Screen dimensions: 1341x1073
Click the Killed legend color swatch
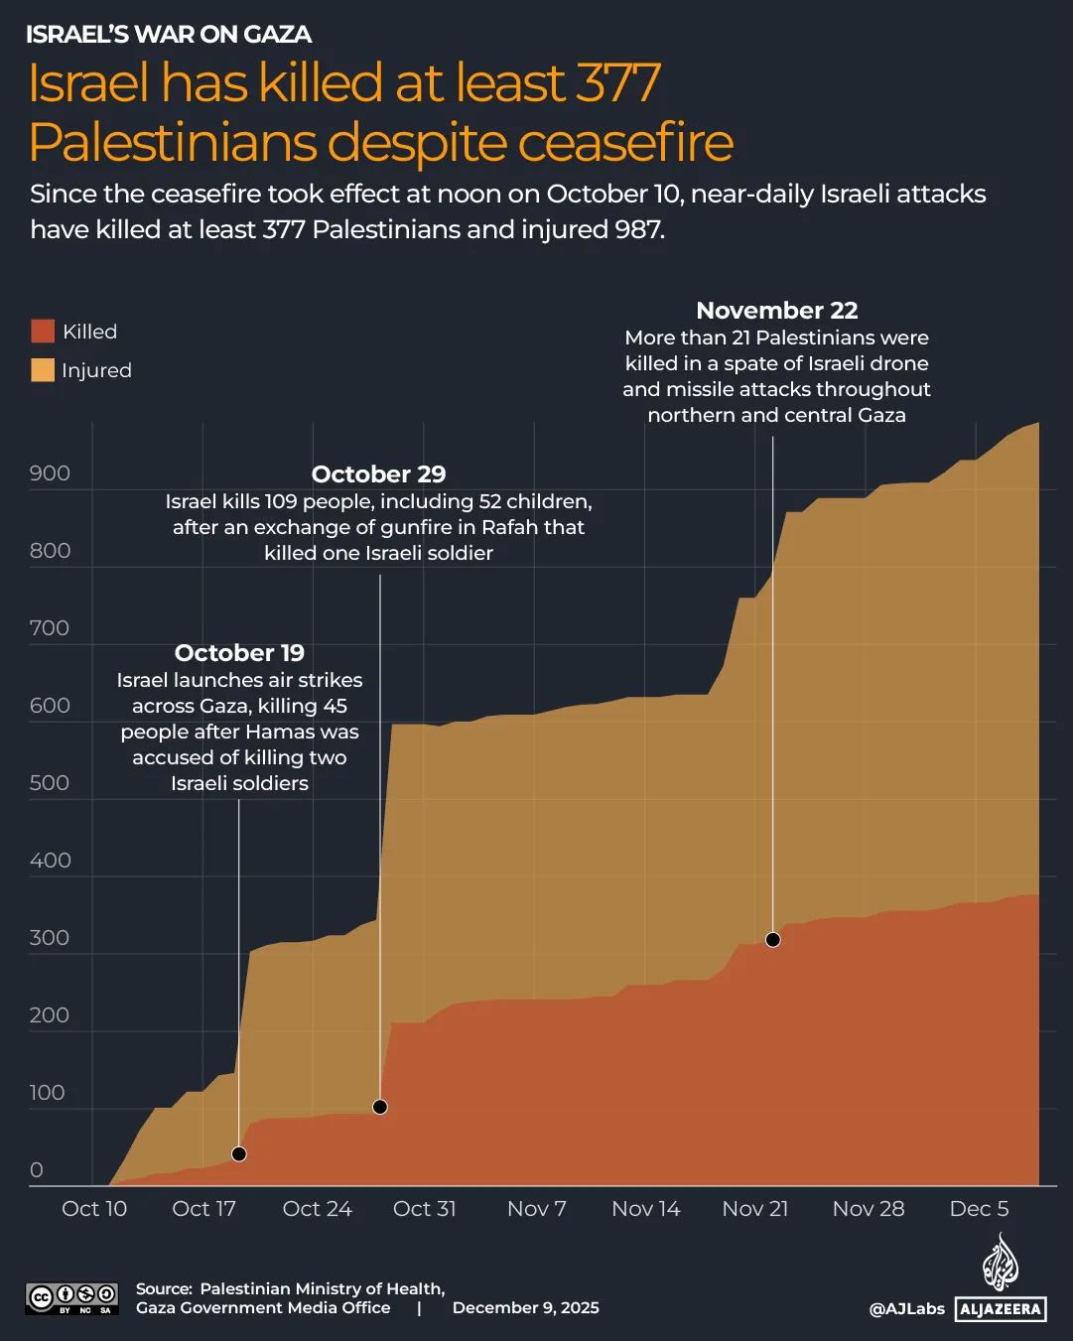[43, 332]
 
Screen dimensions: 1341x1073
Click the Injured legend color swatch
[43, 370]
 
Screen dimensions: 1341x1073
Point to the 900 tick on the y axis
[50, 473]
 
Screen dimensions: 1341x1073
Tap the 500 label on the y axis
[50, 783]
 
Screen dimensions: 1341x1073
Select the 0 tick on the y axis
[37, 1170]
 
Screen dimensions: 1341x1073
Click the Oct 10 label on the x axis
[94, 1209]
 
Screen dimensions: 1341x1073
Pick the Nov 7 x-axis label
[536, 1209]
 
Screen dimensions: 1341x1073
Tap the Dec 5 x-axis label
[979, 1209]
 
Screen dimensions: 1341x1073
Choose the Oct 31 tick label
[425, 1209]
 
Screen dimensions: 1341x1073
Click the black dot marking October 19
[238, 1153]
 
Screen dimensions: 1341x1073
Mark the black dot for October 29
[379, 1107]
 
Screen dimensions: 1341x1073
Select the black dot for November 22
[773, 939]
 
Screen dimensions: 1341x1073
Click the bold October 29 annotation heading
[378, 474]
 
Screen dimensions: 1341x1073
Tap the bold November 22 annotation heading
[776, 311]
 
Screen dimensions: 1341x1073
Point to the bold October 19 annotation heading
[239, 653]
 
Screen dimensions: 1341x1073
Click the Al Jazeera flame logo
[1001, 1263]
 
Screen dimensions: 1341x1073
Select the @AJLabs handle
[906, 1309]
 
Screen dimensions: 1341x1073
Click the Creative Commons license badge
[71, 1297]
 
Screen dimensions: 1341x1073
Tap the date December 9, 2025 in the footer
[525, 1308]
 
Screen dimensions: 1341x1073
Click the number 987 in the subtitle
[637, 230]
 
